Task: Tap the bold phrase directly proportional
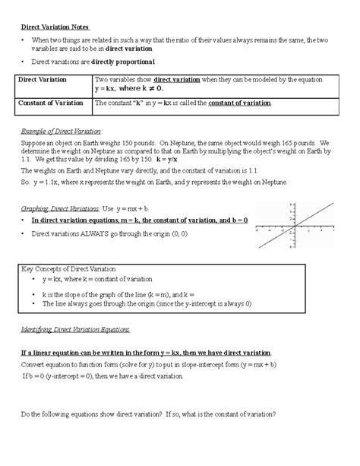pyautogui.click(x=126, y=61)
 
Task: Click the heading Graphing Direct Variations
pyautogui.click(x=58, y=208)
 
